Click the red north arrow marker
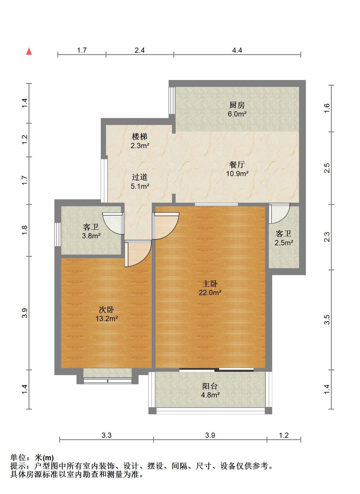point(29,51)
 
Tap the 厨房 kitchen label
point(237,105)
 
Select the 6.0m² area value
point(237,114)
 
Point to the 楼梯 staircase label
point(140,137)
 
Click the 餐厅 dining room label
point(237,165)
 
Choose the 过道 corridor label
point(140,177)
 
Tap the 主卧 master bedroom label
point(210,284)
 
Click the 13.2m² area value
point(107,319)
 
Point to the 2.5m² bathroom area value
point(284,243)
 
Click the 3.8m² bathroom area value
point(91,236)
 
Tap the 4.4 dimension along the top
point(237,50)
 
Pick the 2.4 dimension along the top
point(140,50)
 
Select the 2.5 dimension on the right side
point(327,168)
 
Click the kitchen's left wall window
point(172,101)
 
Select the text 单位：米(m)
point(32,458)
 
